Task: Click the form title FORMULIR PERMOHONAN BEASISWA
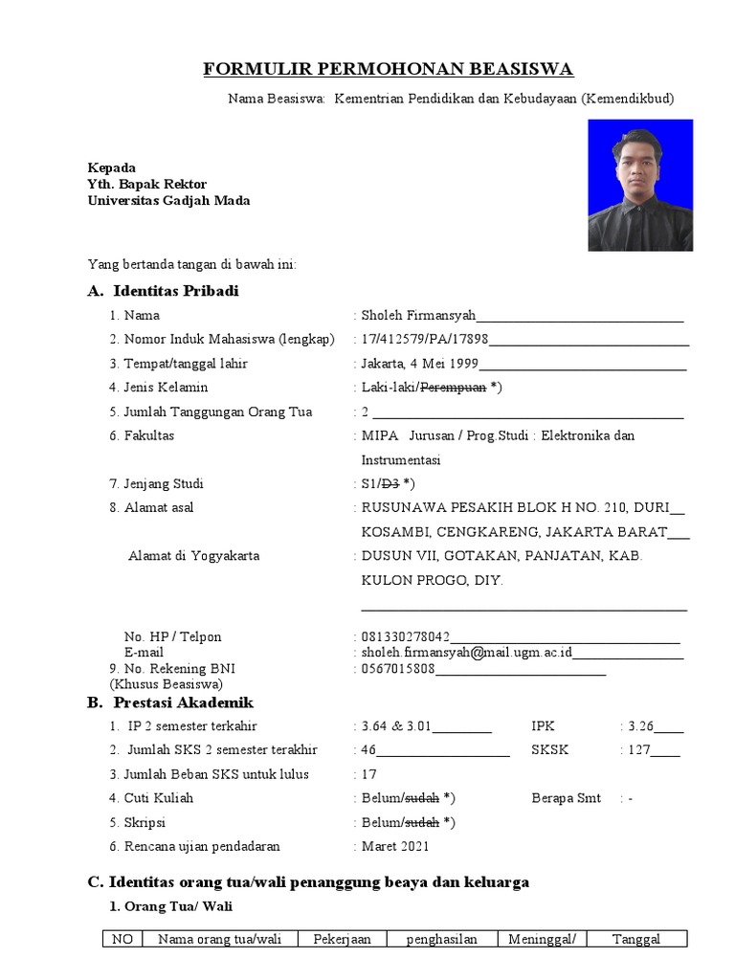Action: point(388,69)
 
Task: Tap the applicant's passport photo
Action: point(639,185)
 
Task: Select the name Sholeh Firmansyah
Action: point(418,315)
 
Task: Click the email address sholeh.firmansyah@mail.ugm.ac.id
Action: point(466,652)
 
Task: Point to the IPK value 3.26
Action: point(640,726)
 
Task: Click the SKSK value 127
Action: point(638,750)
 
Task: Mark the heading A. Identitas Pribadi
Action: point(163,291)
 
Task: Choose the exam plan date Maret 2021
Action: point(396,846)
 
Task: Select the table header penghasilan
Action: point(441,940)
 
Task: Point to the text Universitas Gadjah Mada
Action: point(169,201)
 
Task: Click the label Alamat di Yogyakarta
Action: point(193,556)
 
